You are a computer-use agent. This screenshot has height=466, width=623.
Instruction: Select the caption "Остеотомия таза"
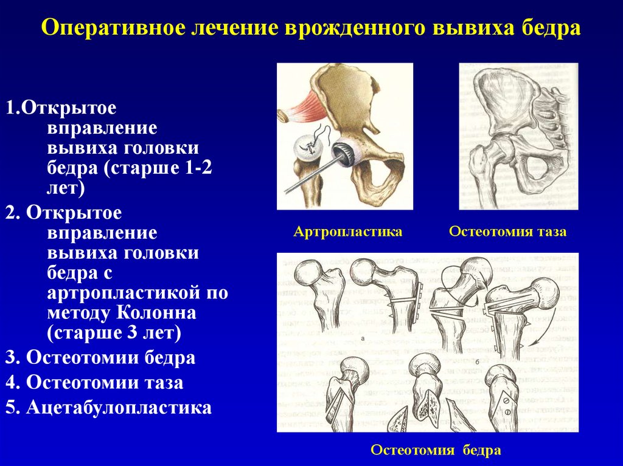point(507,232)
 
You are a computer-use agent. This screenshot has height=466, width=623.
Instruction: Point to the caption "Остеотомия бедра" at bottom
point(436,450)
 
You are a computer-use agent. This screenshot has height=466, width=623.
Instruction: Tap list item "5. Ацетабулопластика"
point(109,407)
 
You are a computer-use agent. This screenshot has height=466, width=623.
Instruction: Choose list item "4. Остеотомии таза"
point(94,383)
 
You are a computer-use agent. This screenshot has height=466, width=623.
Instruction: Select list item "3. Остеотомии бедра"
point(100,358)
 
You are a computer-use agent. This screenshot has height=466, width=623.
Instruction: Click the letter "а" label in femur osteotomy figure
point(363,339)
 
